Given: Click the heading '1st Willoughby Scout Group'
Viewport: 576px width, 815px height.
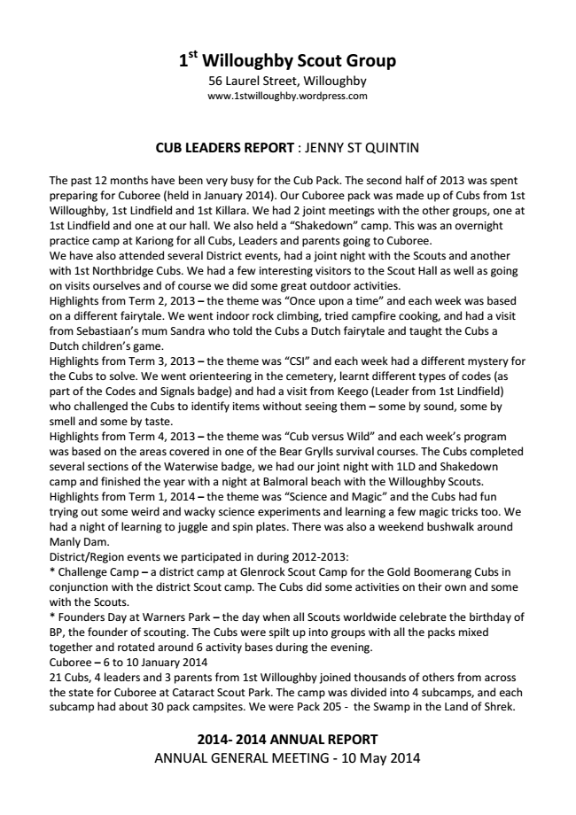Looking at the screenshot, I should point(287,61).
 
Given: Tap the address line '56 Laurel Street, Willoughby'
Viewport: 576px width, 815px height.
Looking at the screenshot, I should point(287,81).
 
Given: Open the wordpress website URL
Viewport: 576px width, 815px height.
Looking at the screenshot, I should point(287,97).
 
